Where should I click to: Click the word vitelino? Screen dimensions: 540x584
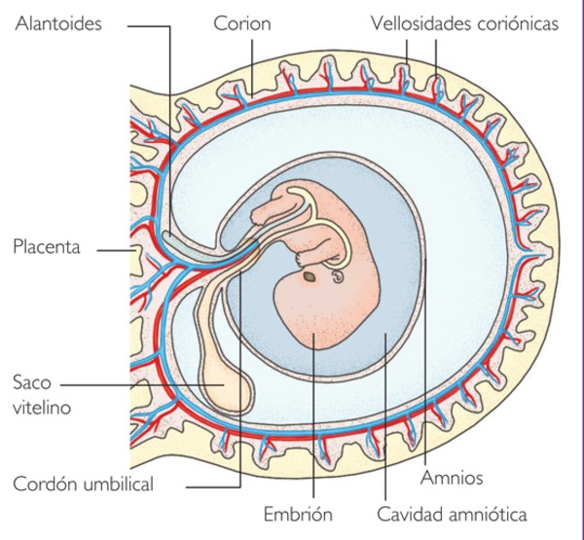pyautogui.click(x=42, y=409)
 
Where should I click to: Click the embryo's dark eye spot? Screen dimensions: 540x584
pyautogui.click(x=309, y=276)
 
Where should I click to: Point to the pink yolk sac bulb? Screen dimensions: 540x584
pyautogui.click(x=225, y=389)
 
